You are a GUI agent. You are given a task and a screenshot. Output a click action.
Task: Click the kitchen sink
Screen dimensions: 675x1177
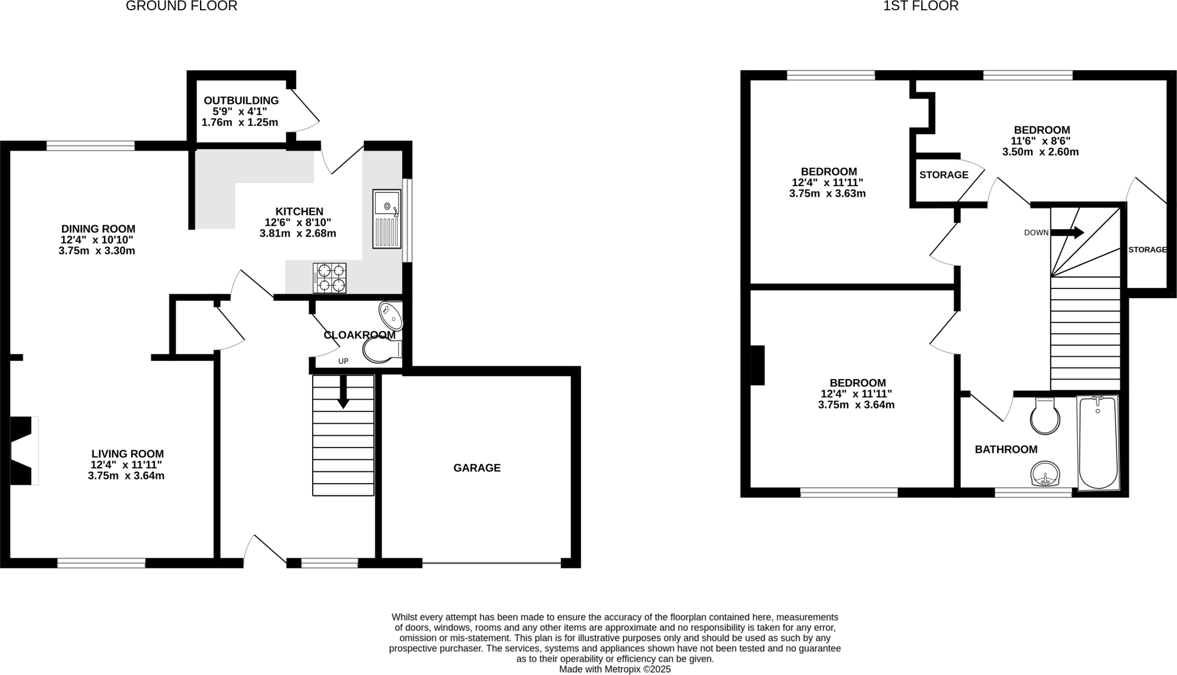(387, 219)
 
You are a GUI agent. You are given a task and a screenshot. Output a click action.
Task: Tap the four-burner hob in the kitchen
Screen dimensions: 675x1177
(330, 277)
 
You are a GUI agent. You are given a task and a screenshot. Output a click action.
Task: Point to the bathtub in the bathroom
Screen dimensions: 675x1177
(1098, 442)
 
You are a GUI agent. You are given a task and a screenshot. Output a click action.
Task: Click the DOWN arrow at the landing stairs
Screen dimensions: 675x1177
(1067, 233)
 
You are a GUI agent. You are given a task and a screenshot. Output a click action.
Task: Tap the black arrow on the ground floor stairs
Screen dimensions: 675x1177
(343, 392)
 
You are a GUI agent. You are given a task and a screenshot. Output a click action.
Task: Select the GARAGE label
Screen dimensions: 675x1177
(477, 468)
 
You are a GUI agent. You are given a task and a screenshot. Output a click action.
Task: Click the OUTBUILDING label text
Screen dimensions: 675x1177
(241, 101)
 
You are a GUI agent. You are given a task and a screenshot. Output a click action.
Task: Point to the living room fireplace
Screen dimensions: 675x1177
(23, 450)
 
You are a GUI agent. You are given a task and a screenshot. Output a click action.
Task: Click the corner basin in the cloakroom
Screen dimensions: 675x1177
(391, 315)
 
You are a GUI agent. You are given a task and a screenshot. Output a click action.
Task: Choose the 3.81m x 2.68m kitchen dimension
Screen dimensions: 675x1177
(298, 234)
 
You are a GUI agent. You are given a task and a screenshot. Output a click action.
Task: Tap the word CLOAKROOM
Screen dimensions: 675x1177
(359, 335)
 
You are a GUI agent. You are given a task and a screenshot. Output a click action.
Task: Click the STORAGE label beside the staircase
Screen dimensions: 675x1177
(1147, 250)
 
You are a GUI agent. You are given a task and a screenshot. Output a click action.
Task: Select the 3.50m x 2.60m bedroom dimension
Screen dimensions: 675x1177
(1040, 152)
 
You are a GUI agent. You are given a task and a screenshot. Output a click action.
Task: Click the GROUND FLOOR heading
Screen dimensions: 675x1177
(182, 6)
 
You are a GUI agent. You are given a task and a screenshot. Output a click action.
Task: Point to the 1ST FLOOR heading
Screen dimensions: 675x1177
(921, 6)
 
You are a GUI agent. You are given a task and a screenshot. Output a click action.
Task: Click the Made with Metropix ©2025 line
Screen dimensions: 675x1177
(615, 669)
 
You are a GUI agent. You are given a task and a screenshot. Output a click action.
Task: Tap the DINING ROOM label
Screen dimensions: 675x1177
(98, 229)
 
